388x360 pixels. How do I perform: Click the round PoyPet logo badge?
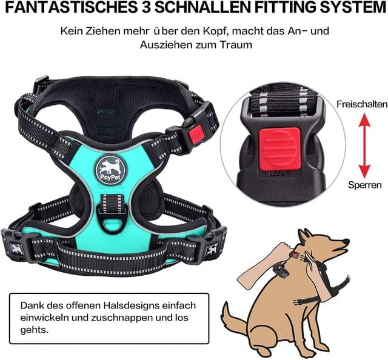pyautogui.click(x=110, y=170)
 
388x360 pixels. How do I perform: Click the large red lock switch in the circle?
pyautogui.click(x=279, y=150)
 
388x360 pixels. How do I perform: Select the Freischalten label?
pyautogui.click(x=362, y=104)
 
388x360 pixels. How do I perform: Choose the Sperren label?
pyautogui.click(x=365, y=185)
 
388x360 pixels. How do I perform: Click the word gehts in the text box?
pyautogui.click(x=35, y=330)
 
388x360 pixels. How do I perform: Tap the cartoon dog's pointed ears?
pyautogui.click(x=305, y=236)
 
